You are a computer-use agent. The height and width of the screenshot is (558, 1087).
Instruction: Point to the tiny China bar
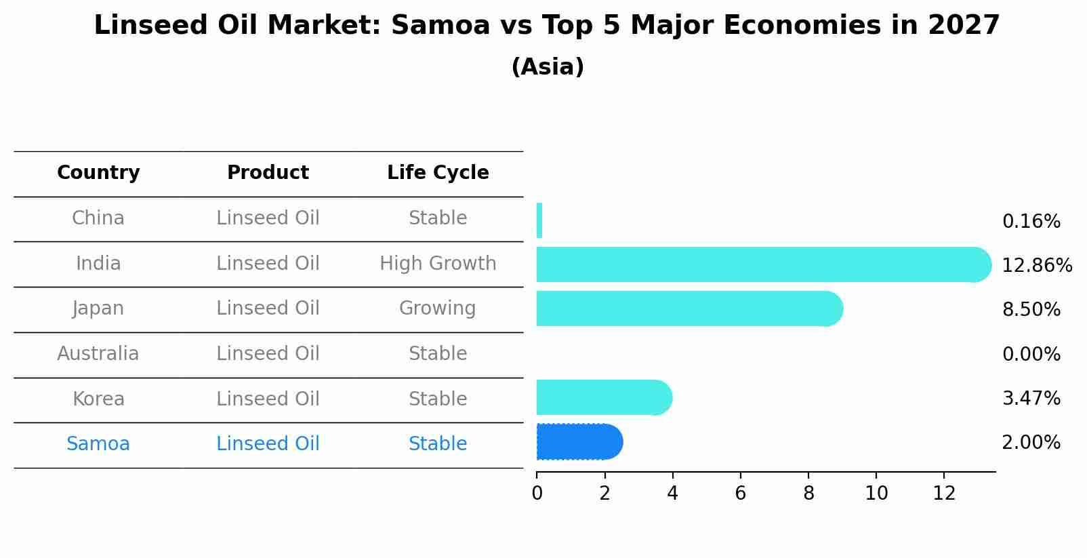(x=539, y=220)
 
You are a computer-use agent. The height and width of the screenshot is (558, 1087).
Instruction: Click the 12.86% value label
(x=1037, y=265)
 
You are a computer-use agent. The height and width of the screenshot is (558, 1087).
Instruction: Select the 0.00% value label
(x=1031, y=354)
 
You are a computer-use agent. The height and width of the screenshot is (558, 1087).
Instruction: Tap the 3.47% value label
(x=1031, y=398)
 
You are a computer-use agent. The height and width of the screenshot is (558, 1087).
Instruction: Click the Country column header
(x=98, y=173)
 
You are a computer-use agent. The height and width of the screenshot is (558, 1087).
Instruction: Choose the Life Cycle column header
(x=438, y=173)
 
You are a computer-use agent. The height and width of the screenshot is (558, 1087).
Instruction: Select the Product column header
(x=268, y=173)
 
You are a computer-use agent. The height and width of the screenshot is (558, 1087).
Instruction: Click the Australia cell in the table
(x=98, y=354)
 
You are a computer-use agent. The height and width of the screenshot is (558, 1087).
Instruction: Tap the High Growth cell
(x=438, y=263)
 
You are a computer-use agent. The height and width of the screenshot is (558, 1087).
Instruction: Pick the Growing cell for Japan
(x=438, y=308)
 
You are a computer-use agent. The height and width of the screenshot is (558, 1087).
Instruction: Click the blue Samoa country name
(x=98, y=444)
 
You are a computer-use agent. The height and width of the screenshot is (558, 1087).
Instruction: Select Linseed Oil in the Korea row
(x=268, y=399)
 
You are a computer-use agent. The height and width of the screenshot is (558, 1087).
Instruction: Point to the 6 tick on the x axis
(x=740, y=493)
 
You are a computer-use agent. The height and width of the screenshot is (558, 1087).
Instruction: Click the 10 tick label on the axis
(x=876, y=493)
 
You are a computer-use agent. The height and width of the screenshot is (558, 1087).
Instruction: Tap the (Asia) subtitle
(x=548, y=67)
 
